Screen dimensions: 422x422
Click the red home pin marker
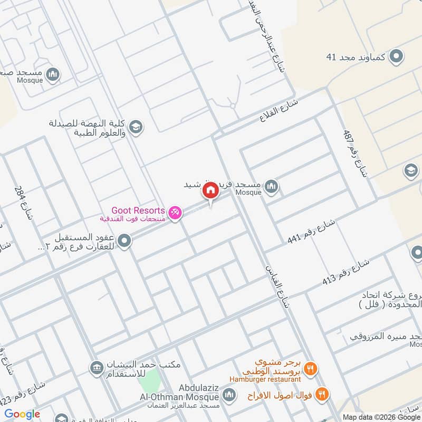coord(210,190)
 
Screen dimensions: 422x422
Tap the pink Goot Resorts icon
coord(176,212)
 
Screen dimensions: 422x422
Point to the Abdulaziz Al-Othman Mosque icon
coord(229,395)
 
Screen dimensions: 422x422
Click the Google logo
coord(23,414)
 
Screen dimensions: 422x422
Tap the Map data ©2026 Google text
coord(379,416)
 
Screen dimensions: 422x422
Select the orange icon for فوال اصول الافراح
coord(322,394)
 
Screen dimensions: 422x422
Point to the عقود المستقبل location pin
coord(124,242)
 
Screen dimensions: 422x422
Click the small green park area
coord(151,379)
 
